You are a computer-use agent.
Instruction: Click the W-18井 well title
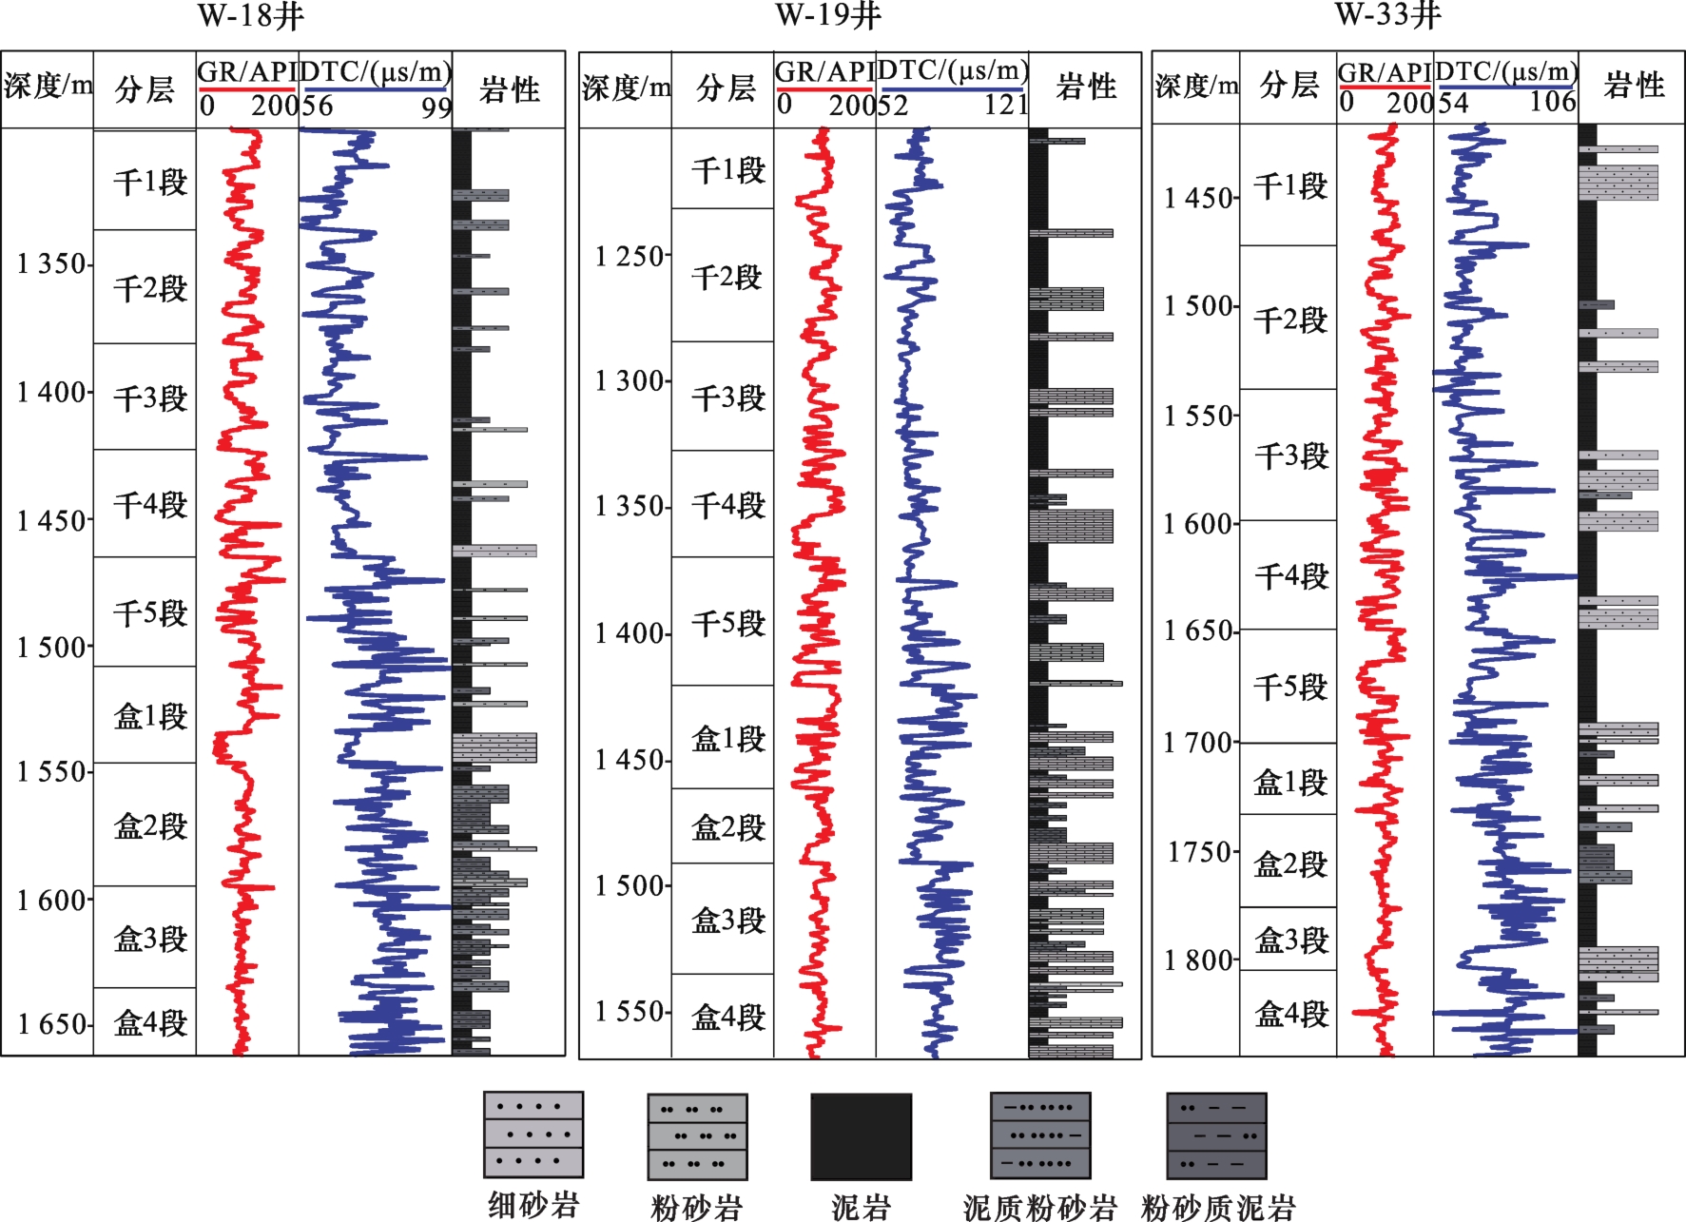pos(251,16)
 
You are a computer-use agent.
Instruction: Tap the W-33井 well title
pos(1387,15)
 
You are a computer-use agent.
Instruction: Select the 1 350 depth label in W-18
pos(52,263)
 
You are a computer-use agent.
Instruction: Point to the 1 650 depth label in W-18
pos(52,1024)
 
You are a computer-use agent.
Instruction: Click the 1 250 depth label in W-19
pos(630,257)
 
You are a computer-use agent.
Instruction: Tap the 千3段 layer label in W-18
pos(150,398)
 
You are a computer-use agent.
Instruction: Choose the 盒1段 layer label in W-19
pos(727,739)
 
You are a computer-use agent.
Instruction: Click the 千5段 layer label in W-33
pos(1290,687)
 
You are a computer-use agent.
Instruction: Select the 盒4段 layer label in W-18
pos(150,1023)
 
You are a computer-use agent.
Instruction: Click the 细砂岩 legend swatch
pos(533,1135)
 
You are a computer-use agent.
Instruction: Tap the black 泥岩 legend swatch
pos(861,1136)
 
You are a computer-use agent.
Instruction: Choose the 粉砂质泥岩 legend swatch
pos(1216,1135)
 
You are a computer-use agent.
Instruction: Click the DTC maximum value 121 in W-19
pos(1006,105)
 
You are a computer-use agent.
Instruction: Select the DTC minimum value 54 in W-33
pos(1453,102)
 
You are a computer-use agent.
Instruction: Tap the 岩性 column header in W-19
pos(1086,87)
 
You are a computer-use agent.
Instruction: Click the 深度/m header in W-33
pos(1196,87)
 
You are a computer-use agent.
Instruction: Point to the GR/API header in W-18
pos(247,72)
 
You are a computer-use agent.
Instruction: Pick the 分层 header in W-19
pos(726,88)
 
